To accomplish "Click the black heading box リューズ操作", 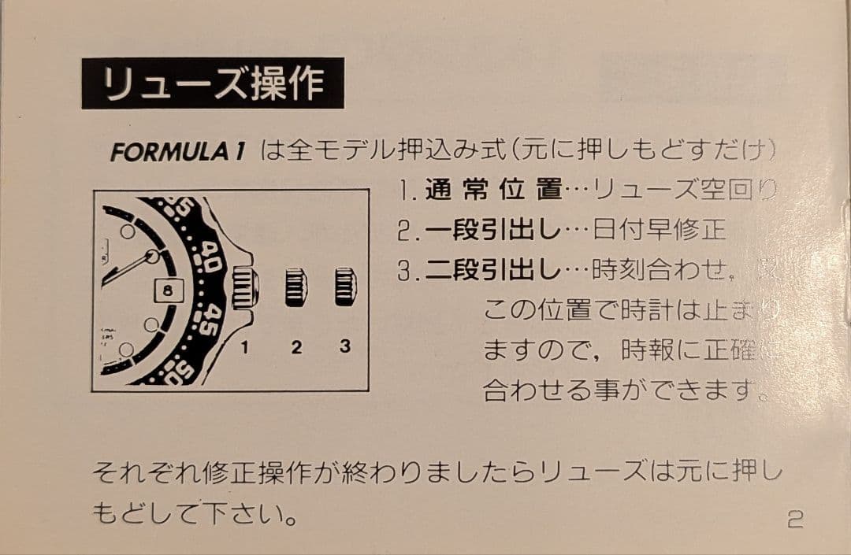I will [213, 83].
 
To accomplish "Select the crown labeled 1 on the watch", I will [247, 287].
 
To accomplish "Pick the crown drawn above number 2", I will [296, 287].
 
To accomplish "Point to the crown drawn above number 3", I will [345, 287].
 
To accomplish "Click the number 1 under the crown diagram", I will [245, 346].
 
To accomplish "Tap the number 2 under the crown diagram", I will [296, 346].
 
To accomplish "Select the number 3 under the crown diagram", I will [345, 346].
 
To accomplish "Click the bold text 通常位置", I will [493, 190].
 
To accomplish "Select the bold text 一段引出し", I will [492, 231].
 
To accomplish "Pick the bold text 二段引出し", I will [492, 272].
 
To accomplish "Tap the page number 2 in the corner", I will [794, 520].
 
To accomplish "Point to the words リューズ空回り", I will [685, 190].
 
